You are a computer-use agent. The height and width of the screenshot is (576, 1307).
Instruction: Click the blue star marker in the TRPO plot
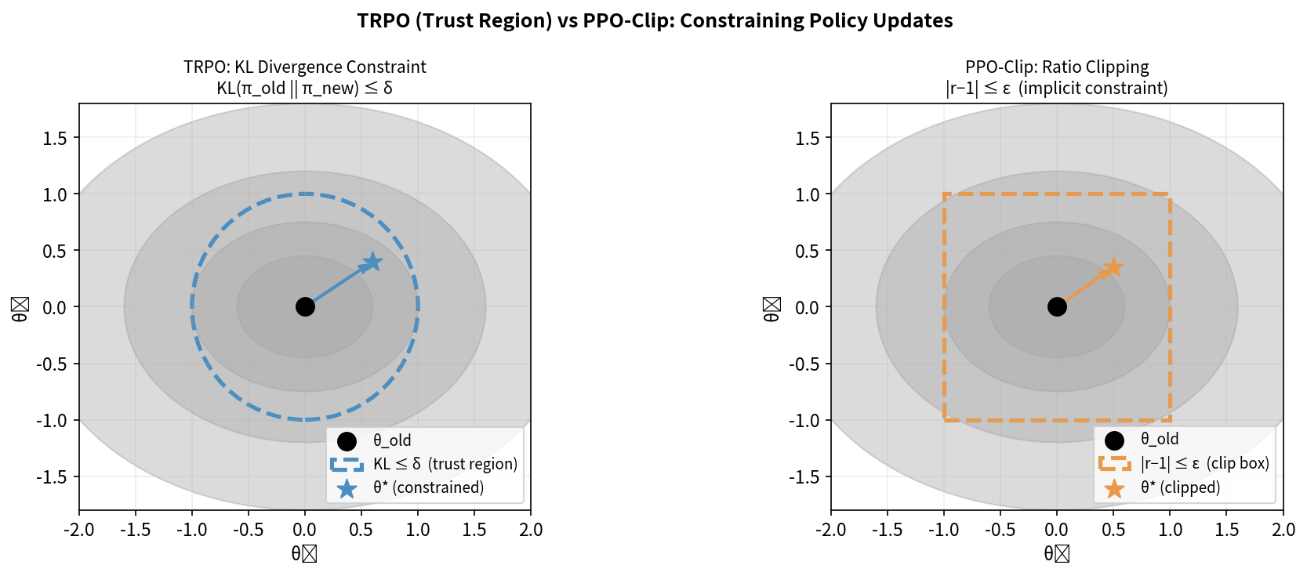click(x=373, y=262)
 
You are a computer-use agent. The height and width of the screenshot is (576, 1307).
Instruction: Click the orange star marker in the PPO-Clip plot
click(x=1113, y=268)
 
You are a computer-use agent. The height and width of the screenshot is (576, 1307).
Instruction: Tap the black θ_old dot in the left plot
click(x=305, y=307)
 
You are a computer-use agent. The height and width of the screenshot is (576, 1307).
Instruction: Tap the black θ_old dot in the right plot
click(x=1057, y=307)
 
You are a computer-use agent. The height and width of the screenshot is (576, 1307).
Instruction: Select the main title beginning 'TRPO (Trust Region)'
click(x=655, y=20)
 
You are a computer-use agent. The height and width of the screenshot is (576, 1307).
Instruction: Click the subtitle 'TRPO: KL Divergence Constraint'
click(x=305, y=67)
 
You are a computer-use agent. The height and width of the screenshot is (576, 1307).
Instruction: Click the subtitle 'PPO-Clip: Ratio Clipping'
click(x=1057, y=67)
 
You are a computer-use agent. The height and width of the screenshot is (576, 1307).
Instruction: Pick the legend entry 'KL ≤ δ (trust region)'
click(x=445, y=464)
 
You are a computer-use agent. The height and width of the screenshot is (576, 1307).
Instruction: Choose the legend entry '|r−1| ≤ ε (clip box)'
click(x=1204, y=463)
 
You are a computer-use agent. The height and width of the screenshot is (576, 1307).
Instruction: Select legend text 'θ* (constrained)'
click(x=428, y=487)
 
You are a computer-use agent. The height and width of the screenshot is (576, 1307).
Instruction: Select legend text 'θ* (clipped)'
click(x=1180, y=487)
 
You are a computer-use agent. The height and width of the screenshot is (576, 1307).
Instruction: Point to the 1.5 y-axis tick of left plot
click(x=55, y=138)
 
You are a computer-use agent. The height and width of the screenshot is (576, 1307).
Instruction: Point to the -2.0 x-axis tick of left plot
click(x=79, y=530)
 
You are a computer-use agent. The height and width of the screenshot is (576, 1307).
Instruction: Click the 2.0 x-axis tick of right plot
click(x=1283, y=530)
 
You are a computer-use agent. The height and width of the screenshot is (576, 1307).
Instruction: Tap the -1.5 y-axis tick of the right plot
click(x=807, y=476)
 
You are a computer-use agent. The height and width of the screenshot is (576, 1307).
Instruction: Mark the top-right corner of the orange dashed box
click(x=1170, y=194)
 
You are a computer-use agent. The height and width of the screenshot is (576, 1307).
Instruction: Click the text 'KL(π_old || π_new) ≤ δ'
click(x=305, y=88)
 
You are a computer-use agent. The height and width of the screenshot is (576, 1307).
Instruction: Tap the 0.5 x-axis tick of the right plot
click(x=1113, y=530)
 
